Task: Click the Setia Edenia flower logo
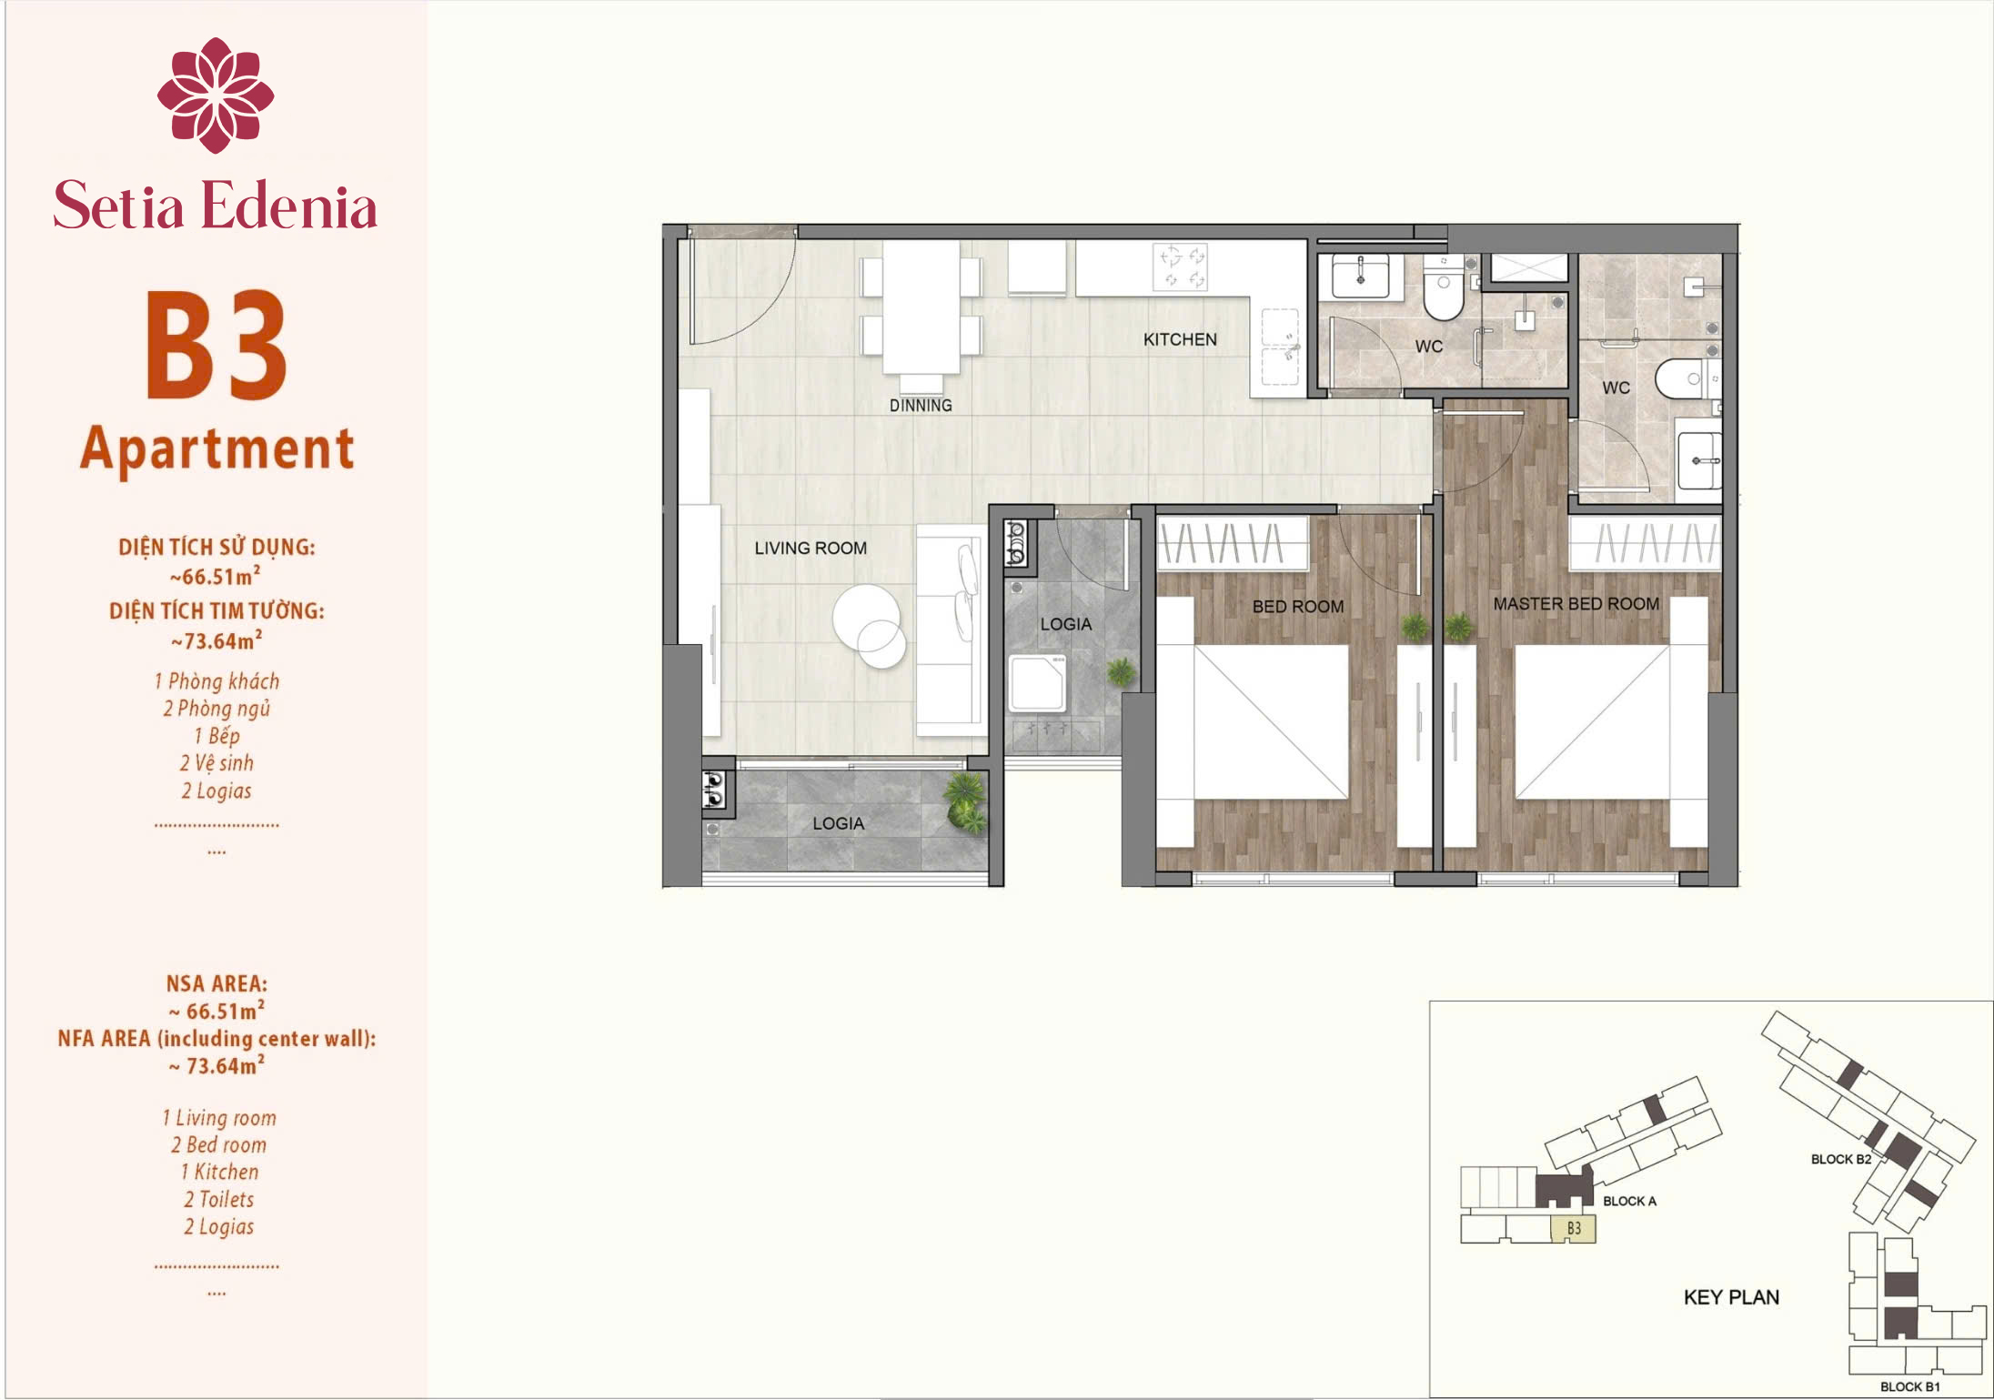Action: point(216,95)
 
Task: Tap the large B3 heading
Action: point(217,345)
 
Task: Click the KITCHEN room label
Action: point(1180,339)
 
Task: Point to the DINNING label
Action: point(921,406)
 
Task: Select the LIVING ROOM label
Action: point(811,549)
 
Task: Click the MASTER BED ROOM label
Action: point(1576,604)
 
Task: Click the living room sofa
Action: point(952,629)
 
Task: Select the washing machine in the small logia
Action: point(1037,683)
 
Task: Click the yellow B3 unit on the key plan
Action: point(1573,1229)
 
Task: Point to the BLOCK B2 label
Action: point(1841,1159)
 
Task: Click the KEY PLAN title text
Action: point(1731,1297)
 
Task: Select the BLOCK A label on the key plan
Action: point(1629,1201)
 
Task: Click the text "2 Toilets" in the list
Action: point(218,1200)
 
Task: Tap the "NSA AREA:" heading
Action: point(217,983)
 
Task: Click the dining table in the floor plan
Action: point(921,307)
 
